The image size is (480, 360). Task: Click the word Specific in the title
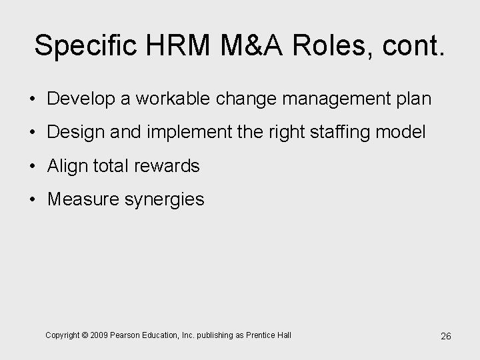85,45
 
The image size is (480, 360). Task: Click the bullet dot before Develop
33,99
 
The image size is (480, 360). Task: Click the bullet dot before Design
33,133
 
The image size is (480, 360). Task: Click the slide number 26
446,336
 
